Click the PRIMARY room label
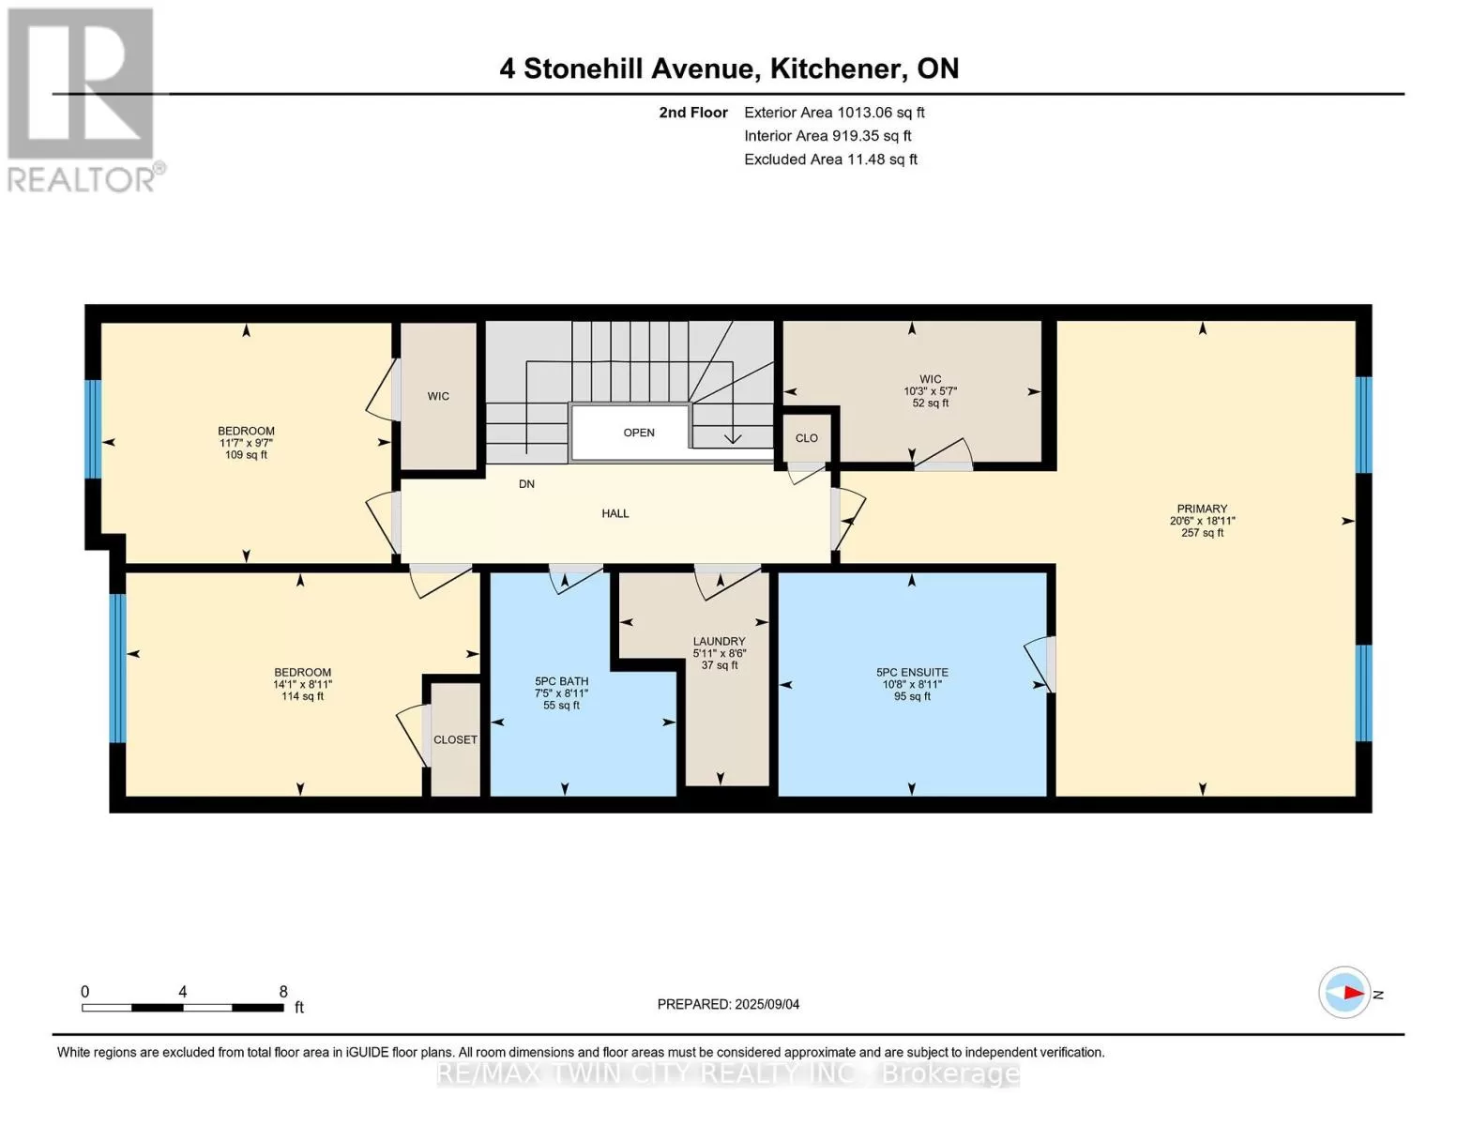point(1202,509)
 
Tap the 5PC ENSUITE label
point(912,672)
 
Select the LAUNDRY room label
point(720,641)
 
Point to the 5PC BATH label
point(561,681)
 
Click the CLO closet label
point(807,438)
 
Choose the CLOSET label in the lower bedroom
point(455,739)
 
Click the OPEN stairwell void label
point(639,433)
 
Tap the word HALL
point(615,513)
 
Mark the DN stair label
point(526,484)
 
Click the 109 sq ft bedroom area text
point(246,455)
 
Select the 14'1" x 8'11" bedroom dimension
point(302,684)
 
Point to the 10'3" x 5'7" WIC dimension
point(930,391)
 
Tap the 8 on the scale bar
point(283,991)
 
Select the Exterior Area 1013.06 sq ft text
point(834,113)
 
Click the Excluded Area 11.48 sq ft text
point(830,160)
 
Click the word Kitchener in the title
point(832,69)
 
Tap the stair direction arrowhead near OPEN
point(732,439)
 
